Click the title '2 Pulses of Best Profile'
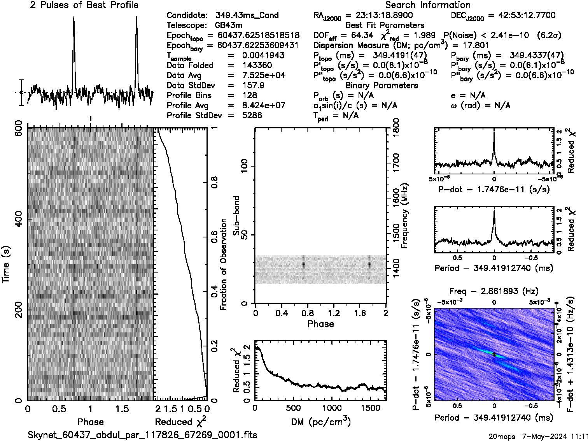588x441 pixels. tap(84, 5)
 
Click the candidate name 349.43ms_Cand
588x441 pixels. tap(247, 16)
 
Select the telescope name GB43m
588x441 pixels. tap(229, 26)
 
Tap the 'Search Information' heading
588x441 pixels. tap(427, 5)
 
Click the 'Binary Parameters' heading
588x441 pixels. tap(382, 86)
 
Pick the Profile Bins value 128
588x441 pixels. tap(249, 96)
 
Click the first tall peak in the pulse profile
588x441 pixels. tap(73, 19)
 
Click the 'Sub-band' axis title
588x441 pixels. tap(236, 216)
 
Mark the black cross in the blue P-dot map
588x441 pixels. tap(494, 354)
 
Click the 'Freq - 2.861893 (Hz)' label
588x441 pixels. tap(494, 292)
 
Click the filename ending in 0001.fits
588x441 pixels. tap(142, 435)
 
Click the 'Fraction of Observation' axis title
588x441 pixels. tap(224, 264)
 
